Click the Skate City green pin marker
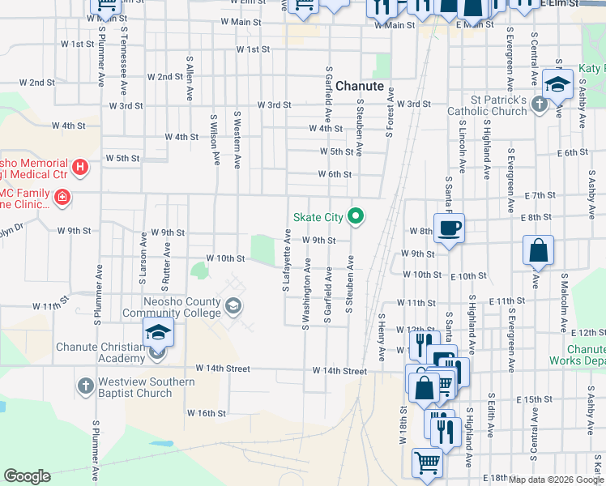pyautogui.click(x=355, y=216)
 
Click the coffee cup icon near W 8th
pyautogui.click(x=449, y=227)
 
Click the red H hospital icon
pyautogui.click(x=80, y=168)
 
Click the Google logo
pyautogui.click(x=27, y=476)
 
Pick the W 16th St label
pyautogui.click(x=207, y=413)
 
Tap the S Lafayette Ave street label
pyautogui.click(x=287, y=260)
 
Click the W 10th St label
pyautogui.click(x=225, y=258)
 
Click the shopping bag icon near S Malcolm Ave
pyautogui.click(x=539, y=251)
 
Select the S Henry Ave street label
pyautogui.click(x=380, y=338)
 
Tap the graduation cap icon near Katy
pyautogui.click(x=557, y=84)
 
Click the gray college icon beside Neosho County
pyautogui.click(x=233, y=305)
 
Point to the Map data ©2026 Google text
pyautogui.click(x=555, y=480)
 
